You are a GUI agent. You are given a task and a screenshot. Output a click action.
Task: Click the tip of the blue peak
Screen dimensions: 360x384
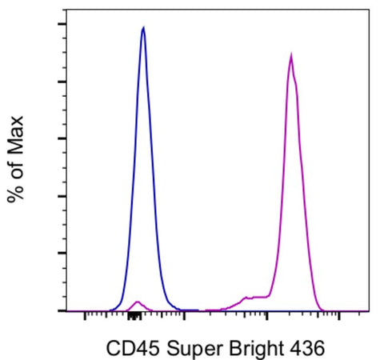[x=143, y=27]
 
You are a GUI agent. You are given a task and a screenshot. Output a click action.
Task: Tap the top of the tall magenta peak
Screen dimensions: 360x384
[x=291, y=55]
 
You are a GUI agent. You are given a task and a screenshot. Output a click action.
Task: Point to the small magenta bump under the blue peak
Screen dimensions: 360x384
[x=138, y=302]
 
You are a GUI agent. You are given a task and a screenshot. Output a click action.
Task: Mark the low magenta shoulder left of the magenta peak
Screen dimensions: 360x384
[x=250, y=298]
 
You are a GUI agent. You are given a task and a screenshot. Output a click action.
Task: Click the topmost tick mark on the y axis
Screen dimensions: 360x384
[x=61, y=24]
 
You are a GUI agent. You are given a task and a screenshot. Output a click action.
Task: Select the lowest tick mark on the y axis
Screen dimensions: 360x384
[x=61, y=310]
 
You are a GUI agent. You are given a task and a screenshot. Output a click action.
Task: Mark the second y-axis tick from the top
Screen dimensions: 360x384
[x=61, y=82]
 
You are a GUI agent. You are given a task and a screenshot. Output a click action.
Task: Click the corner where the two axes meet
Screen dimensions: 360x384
[x=65, y=310]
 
